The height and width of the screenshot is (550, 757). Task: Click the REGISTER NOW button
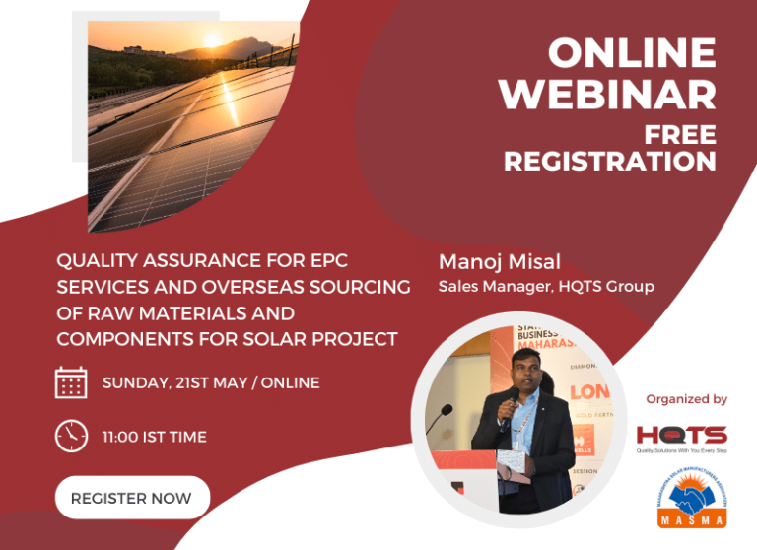pyautogui.click(x=131, y=498)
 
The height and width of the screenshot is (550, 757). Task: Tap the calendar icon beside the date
pyautogui.click(x=71, y=382)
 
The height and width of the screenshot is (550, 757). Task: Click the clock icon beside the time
pyautogui.click(x=71, y=436)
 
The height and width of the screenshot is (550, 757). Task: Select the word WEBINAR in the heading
pyautogui.click(x=606, y=94)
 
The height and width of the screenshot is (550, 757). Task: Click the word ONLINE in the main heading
pyautogui.click(x=632, y=52)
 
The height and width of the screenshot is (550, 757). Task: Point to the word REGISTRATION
pyautogui.click(x=609, y=160)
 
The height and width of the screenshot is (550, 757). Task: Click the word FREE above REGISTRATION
pyautogui.click(x=679, y=133)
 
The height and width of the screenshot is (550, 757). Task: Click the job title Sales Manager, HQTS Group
pyautogui.click(x=546, y=287)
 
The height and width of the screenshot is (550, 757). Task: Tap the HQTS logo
pyautogui.click(x=681, y=435)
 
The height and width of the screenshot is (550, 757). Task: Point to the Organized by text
pyautogui.click(x=686, y=399)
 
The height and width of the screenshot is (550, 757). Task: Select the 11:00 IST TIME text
pyautogui.click(x=154, y=436)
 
